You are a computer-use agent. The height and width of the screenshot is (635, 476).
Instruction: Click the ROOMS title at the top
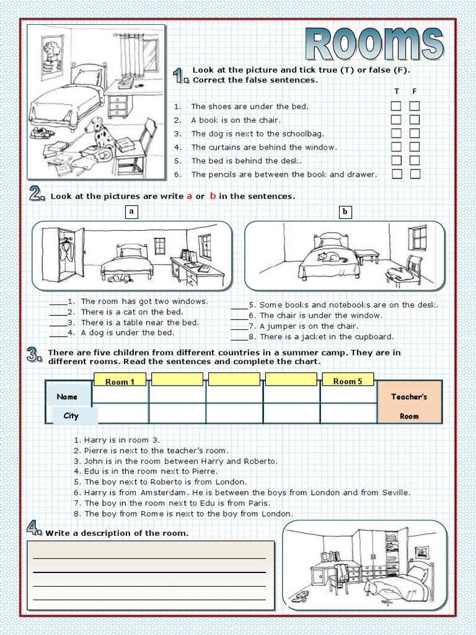376,44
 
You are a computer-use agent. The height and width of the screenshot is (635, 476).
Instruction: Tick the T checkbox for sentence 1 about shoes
395,106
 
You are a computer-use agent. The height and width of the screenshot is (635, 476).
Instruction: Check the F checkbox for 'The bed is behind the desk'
415,161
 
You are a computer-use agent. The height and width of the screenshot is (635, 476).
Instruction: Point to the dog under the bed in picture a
120,278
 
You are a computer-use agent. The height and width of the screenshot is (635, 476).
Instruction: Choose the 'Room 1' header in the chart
120,381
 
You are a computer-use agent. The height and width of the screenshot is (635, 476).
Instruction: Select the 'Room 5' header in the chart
348,381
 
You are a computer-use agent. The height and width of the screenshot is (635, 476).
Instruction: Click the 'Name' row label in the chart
67,397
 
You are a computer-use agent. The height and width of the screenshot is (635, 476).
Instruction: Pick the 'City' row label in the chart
71,416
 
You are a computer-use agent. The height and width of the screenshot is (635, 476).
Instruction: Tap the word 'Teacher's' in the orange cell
409,397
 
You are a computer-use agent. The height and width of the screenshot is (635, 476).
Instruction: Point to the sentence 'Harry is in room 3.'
118,440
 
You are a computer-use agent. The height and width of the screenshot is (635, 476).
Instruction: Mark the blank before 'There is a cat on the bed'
57,312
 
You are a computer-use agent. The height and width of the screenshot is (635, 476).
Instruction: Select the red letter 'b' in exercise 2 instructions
212,196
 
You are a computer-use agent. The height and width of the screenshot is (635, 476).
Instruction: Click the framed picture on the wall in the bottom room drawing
422,551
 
